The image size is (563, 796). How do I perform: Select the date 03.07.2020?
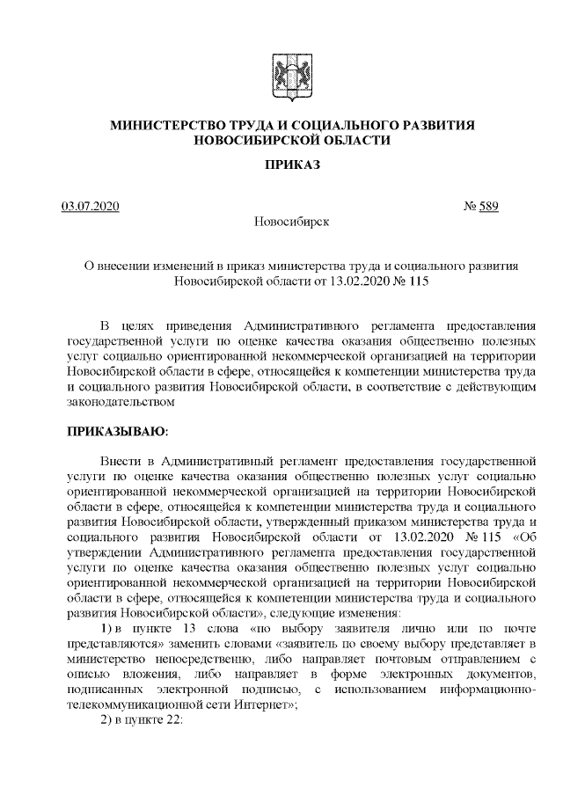coord(91,207)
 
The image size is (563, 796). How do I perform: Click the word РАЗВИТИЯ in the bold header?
coord(435,126)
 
